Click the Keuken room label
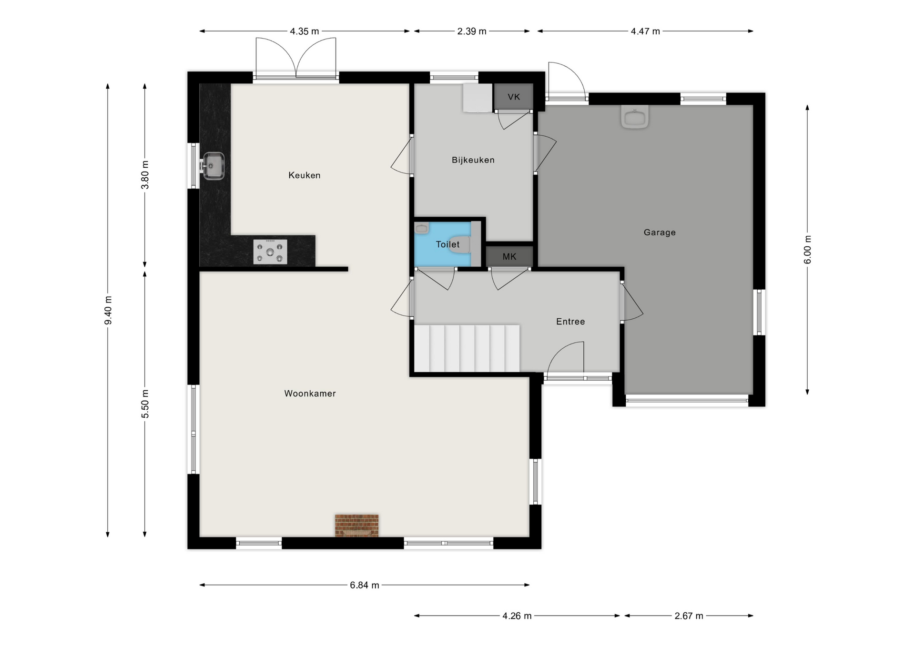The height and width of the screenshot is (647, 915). click(304, 175)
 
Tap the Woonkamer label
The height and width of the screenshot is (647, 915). click(310, 394)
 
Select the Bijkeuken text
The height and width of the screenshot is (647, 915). click(473, 160)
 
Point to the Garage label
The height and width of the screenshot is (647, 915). click(660, 233)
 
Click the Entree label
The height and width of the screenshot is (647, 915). click(570, 322)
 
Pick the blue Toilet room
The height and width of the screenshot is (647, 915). click(443, 244)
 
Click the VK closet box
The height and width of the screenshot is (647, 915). click(513, 97)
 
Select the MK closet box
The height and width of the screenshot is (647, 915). click(509, 257)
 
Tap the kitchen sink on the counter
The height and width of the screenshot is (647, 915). click(213, 166)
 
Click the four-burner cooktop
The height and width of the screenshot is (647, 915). click(270, 252)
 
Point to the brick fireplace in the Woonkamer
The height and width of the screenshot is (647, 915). click(356, 526)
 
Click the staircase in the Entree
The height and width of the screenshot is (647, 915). click(467, 348)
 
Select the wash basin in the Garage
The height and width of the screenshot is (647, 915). click(635, 117)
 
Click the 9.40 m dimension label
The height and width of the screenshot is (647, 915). click(108, 310)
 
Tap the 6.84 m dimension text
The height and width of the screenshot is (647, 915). click(365, 585)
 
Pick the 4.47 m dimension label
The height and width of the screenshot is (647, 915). click(645, 31)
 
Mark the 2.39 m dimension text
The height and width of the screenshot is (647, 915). click(472, 31)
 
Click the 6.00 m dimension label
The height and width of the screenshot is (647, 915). click(807, 250)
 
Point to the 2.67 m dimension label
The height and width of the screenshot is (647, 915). click(689, 616)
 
